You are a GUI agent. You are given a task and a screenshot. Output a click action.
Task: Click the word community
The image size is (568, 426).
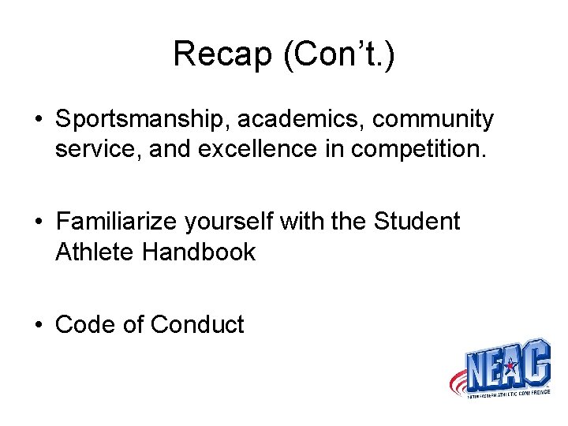pyautogui.click(x=433, y=120)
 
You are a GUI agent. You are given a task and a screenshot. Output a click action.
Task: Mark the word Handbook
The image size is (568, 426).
pyautogui.click(x=202, y=252)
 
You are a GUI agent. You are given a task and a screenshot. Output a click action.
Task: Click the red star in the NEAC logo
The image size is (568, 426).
pyautogui.click(x=509, y=365)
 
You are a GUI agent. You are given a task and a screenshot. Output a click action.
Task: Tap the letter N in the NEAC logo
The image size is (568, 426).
pyautogui.click(x=479, y=369)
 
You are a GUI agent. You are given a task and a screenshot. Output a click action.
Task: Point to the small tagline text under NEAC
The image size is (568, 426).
pyautogui.click(x=505, y=391)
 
